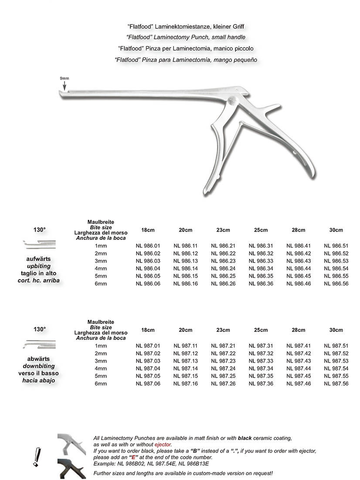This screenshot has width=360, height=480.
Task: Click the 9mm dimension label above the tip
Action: click(65, 78)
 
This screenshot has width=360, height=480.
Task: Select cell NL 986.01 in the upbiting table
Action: click(145, 246)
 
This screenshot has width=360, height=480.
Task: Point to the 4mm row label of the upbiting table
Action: click(101, 269)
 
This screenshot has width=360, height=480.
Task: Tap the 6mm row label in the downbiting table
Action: click(101, 384)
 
